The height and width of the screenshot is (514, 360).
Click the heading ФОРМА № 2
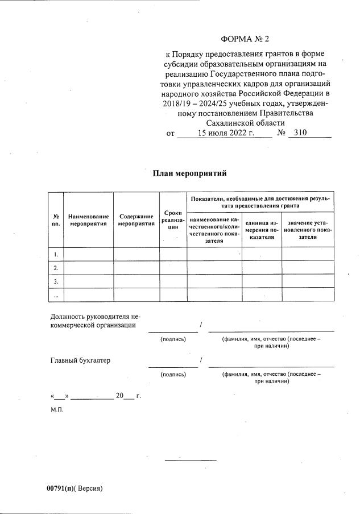point(244,39)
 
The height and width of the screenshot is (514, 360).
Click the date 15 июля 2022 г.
point(225,133)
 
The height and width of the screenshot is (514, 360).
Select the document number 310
point(298,133)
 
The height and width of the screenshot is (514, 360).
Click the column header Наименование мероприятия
point(88,220)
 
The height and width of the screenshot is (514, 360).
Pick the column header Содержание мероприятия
point(136,220)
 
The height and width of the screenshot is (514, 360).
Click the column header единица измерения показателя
point(262,230)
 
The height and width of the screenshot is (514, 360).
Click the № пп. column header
point(56,220)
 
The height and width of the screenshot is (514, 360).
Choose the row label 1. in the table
point(56,254)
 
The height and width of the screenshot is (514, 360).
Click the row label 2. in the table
point(56,267)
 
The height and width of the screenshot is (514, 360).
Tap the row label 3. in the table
point(56,281)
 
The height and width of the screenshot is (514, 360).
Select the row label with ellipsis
point(56,295)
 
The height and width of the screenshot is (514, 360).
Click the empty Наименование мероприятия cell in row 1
point(88,254)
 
